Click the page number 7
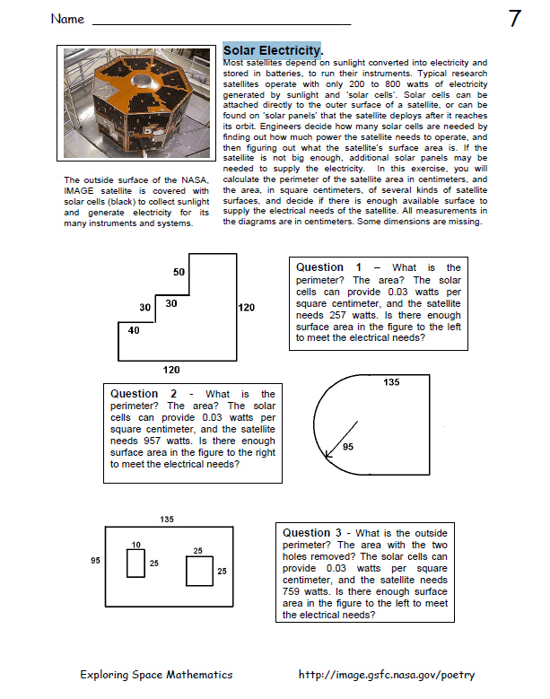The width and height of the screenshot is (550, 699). point(515,18)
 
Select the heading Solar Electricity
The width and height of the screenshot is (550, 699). point(272,51)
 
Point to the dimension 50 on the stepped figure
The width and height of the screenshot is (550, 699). point(179,272)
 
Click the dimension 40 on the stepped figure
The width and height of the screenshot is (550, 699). point(134,330)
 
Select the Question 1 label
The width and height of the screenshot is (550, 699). point(329,267)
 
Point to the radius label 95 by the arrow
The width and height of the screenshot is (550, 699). point(349,447)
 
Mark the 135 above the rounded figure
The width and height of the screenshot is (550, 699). point(391,383)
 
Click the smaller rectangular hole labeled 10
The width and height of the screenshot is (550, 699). point(135,563)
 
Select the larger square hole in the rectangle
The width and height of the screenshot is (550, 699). point(199,571)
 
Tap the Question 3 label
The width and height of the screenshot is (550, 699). point(315,534)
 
